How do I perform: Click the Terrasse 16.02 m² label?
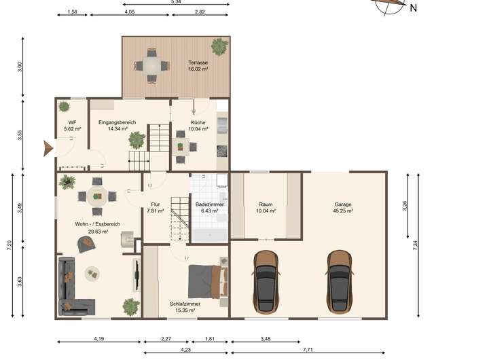coord(198,65)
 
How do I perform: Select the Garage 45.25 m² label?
coord(343,207)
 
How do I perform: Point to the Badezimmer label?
coord(210,204)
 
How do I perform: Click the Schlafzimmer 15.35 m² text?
coord(185,307)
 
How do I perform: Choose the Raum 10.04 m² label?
coord(266,207)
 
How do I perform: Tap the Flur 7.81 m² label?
coord(156,207)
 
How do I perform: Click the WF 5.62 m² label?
coord(73,126)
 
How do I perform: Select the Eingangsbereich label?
coord(117,122)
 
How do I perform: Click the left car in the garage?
coord(266,282)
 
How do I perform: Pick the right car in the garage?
coord(340,282)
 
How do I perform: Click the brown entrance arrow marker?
coord(48,148)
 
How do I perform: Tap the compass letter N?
coord(413,8)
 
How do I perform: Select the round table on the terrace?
coord(151,66)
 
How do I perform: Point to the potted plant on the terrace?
coord(219,47)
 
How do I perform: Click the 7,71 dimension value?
coord(308,350)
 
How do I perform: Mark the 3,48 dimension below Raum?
coord(266,338)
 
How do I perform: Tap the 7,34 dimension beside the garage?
coord(415,245)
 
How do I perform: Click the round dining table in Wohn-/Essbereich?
coord(97,196)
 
